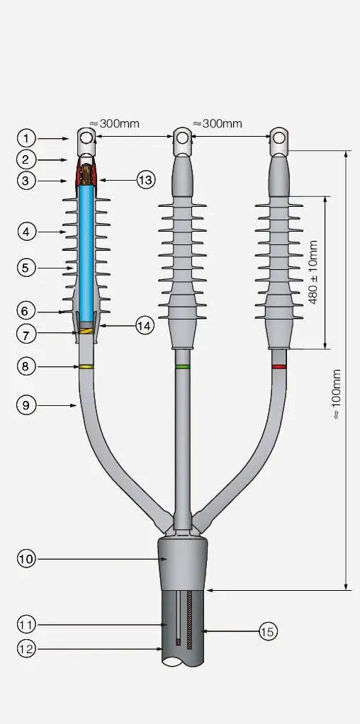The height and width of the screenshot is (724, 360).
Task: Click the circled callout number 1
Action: coord(26,137)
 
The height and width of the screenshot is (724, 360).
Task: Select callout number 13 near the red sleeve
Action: coord(145,180)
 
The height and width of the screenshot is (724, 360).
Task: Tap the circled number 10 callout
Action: coord(26,558)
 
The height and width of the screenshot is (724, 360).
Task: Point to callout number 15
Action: coord(267,630)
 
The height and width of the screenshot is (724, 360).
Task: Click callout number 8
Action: coord(26,366)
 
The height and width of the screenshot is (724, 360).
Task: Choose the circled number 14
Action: coord(145,324)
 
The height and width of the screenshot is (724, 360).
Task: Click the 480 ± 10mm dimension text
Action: coord(314,272)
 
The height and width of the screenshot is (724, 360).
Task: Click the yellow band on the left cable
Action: coord(86,366)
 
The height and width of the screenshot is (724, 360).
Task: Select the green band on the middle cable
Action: coord(183,366)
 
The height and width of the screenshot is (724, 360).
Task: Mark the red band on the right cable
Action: coord(279,366)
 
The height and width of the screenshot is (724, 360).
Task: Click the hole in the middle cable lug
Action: coord(182,137)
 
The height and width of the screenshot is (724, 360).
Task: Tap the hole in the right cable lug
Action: coord(279,137)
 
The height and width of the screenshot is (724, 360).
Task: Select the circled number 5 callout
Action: coord(26,268)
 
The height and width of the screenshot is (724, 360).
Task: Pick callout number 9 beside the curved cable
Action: coord(26,405)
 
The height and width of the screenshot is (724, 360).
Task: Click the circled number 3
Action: coord(26,181)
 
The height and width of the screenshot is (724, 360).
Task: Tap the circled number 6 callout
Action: coord(26,310)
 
